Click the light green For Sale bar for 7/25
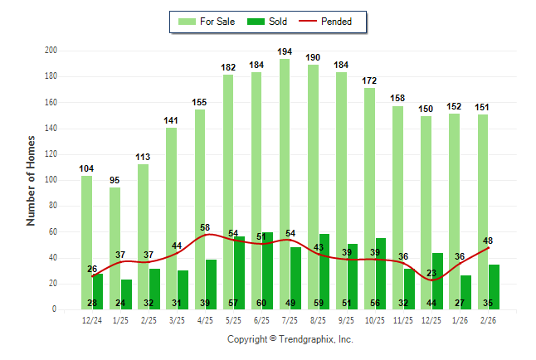tap(285, 182)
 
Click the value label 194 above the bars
tap(285, 51)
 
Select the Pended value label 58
tap(206, 227)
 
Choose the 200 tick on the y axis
tap(51, 51)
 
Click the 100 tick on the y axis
tap(51, 180)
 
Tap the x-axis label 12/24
tap(92, 319)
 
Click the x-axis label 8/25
tap(319, 319)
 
